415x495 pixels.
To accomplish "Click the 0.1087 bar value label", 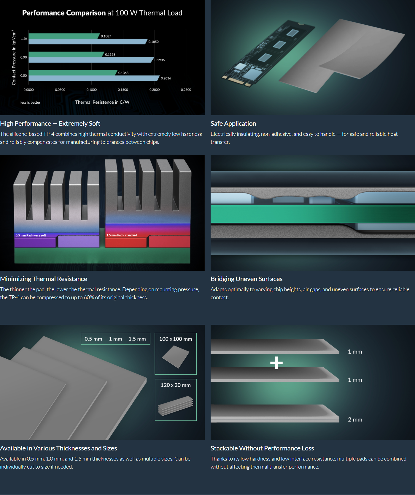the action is (x=106, y=36).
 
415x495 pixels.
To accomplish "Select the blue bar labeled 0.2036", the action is (x=94, y=78).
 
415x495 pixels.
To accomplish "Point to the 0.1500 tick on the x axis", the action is (x=123, y=90).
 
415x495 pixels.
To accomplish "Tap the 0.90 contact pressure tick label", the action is (x=23, y=57).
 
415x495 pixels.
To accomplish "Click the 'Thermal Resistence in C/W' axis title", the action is (x=102, y=102).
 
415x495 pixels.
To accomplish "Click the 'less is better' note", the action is (x=30, y=103).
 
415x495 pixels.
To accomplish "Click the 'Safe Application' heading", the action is (x=233, y=124).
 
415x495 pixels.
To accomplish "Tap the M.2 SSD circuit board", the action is (x=268, y=53).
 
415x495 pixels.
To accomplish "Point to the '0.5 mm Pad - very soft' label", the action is (x=31, y=235).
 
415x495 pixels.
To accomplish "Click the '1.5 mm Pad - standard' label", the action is (x=122, y=235).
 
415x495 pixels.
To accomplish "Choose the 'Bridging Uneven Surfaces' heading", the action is (x=247, y=279).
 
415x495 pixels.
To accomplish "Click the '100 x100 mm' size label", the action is (x=176, y=339).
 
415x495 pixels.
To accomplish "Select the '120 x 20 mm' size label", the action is (x=176, y=385).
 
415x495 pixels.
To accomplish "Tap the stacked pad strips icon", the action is (x=176, y=406).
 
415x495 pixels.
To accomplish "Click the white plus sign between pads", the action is (x=276, y=363).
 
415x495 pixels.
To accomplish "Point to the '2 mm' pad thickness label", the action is (x=355, y=420).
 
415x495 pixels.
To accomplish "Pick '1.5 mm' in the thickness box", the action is (x=137, y=339).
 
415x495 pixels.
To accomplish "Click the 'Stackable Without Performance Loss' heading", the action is (x=262, y=448).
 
